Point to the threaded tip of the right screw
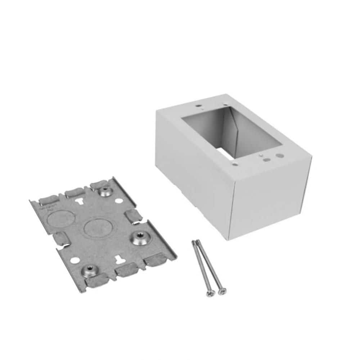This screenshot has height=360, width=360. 197,242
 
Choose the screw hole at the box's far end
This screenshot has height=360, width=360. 198,106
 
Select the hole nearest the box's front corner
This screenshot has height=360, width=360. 235,164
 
